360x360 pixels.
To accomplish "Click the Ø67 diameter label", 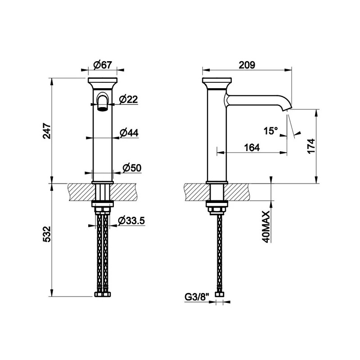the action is point(103,65).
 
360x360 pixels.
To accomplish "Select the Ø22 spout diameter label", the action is point(129,99).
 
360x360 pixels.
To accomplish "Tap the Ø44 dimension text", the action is point(129,132).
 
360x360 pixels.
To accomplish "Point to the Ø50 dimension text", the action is point(132,168).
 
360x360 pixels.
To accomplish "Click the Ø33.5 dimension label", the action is point(131,220).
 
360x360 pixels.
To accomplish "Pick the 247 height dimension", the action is point(47,131).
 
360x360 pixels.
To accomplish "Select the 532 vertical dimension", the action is point(47,234).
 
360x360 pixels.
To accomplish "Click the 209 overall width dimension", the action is point(247,65).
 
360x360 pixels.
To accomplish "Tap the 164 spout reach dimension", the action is point(252,148).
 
